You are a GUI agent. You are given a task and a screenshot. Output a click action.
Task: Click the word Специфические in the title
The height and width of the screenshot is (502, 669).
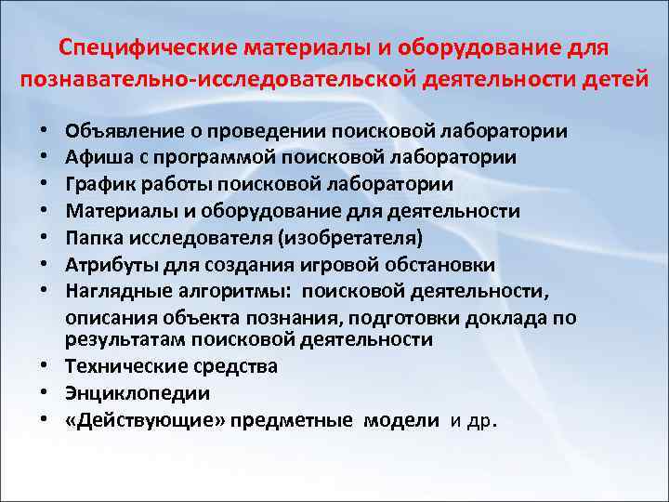coord(145,46)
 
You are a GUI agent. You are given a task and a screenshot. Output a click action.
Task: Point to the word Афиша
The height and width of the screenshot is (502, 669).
coord(97,158)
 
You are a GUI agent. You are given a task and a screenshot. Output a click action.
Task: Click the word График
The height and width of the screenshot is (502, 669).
coord(98,185)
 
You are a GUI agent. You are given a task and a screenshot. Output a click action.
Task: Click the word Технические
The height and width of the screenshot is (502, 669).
coord(125,366)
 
